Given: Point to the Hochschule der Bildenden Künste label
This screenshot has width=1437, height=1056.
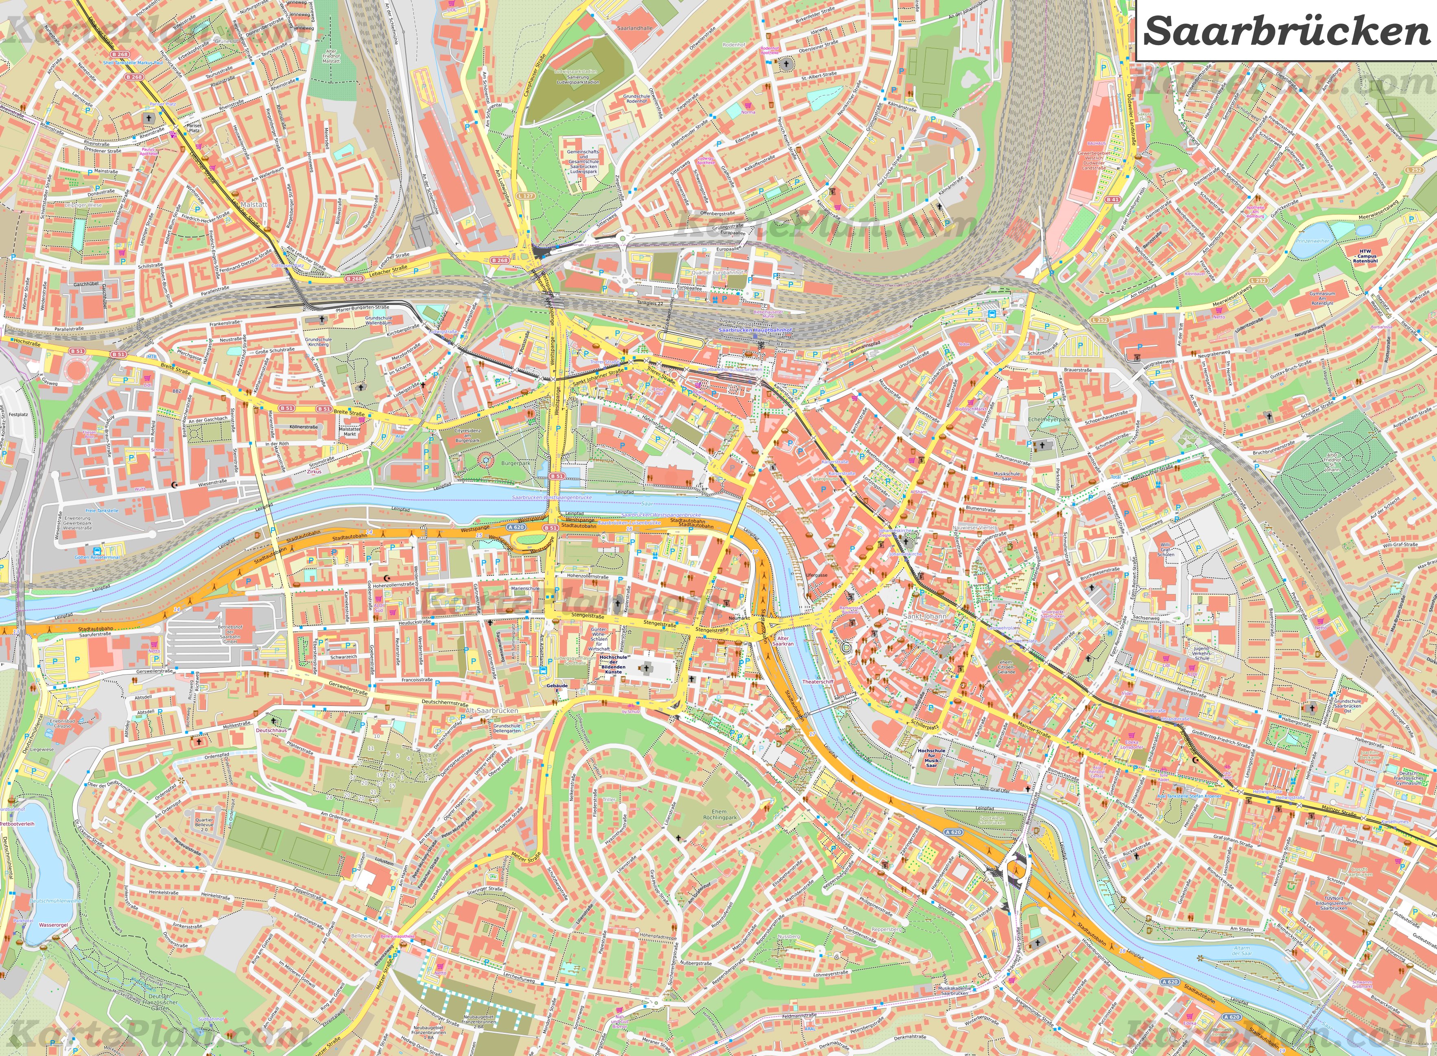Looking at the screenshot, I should coord(613,664).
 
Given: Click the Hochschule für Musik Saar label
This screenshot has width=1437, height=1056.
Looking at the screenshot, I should coord(931,758).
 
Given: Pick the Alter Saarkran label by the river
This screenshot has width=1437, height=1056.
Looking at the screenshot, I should coord(784,641).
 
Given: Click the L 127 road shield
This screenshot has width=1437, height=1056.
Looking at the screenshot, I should coord(526,196).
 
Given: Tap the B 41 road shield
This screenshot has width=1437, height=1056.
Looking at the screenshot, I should coord(1112,199).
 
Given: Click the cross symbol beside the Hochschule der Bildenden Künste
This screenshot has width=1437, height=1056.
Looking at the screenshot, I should coord(646,668).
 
